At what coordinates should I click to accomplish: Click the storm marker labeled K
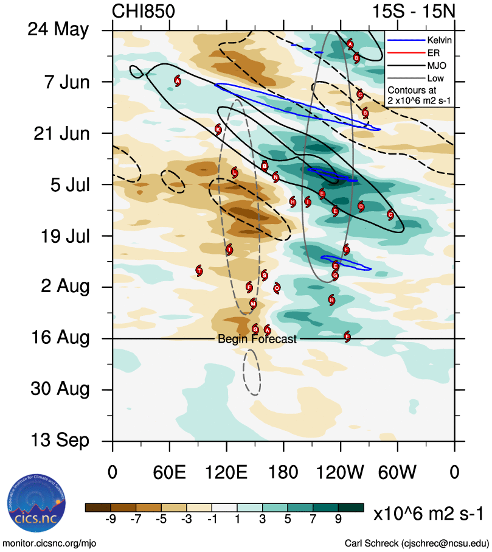(x=218, y=129)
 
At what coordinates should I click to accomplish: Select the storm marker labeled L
(x=235, y=173)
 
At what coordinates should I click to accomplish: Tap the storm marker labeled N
(x=276, y=177)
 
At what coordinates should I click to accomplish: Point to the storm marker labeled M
(x=253, y=304)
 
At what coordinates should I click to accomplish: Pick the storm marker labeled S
(x=264, y=275)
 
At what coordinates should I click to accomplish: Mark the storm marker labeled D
(x=361, y=207)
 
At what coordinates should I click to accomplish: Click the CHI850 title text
(x=144, y=12)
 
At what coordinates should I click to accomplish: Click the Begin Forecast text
(x=257, y=339)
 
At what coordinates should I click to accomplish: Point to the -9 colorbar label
(x=110, y=519)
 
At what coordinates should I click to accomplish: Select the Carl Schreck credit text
(x=417, y=543)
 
